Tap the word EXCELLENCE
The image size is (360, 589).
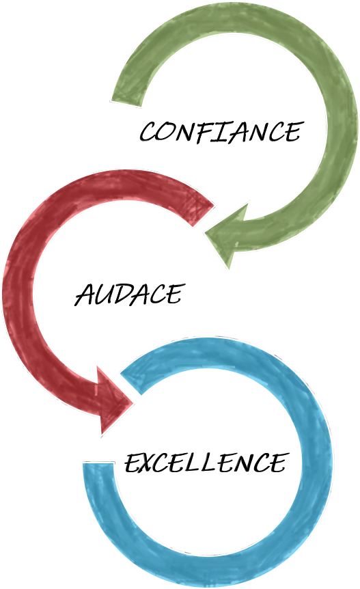pyautogui.click(x=207, y=462)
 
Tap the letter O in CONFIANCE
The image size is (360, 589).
pyautogui.click(x=168, y=133)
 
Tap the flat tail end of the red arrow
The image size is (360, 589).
pyautogui.click(x=203, y=216)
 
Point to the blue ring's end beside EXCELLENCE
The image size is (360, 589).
pyautogui.click(x=98, y=463)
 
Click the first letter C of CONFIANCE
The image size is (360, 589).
pyautogui.click(x=149, y=133)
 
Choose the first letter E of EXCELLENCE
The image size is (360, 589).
pyautogui.click(x=133, y=463)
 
